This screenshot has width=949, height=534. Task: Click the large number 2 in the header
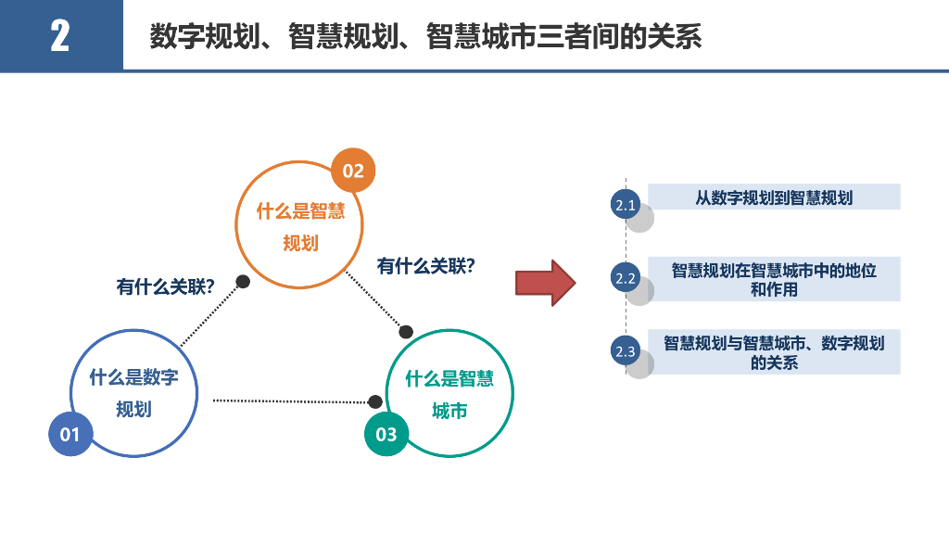coord(60,36)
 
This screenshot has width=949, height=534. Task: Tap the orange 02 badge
coord(353,171)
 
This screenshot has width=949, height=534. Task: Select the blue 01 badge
coord(70,434)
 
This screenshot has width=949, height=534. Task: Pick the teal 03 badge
coord(386,434)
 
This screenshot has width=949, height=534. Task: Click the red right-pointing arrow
coord(546,283)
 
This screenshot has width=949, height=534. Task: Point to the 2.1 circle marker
coord(626,206)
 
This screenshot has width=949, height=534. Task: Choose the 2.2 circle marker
coord(626,278)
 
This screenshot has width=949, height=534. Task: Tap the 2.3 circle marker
coord(626,351)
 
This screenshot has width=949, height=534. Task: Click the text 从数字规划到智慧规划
coord(774,197)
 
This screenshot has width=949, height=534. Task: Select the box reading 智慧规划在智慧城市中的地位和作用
coord(774,279)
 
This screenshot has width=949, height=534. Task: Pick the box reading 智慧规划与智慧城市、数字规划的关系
coord(774,352)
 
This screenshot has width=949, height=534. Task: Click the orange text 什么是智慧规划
coord(300,227)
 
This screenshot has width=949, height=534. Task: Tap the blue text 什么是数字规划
coord(133,393)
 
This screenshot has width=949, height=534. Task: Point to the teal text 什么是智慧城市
coord(449,394)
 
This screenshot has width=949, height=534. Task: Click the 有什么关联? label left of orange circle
coord(166,286)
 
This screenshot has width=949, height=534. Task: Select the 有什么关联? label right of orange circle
coord(426,266)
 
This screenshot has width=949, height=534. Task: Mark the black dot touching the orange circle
coord(243,281)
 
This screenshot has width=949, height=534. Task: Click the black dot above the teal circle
coord(406,332)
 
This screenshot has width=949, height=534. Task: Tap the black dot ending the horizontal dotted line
coord(375,401)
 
